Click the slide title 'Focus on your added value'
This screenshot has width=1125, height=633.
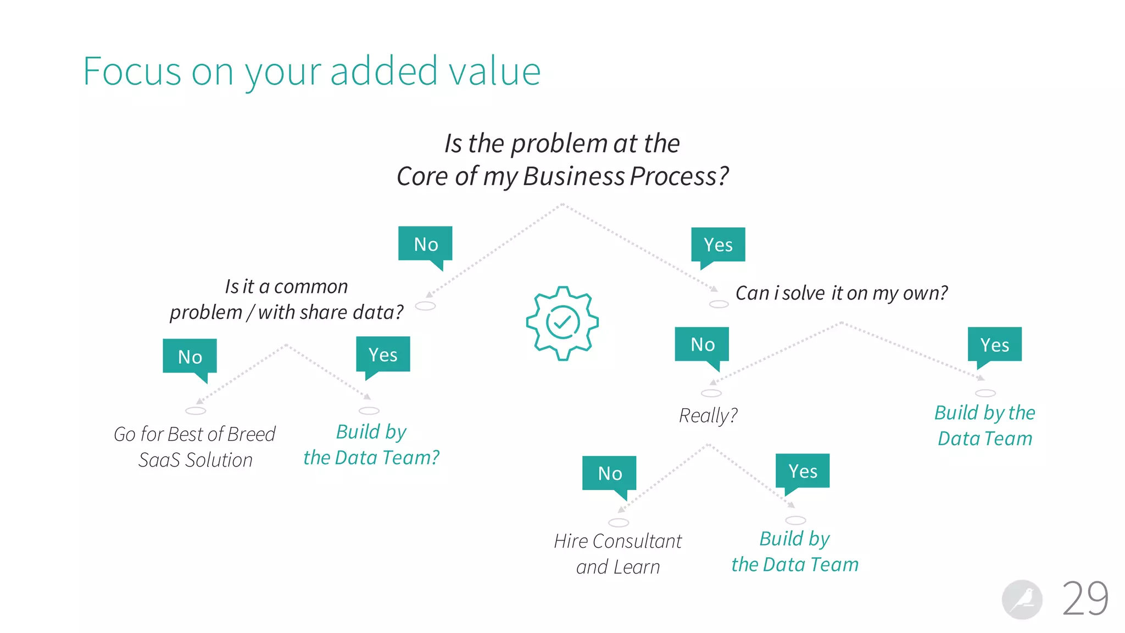click(x=311, y=71)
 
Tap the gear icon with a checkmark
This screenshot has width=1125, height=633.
click(x=562, y=323)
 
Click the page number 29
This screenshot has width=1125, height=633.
click(x=1085, y=598)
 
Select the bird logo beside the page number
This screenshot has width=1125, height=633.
click(x=1022, y=599)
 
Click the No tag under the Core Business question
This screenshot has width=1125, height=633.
click(x=425, y=244)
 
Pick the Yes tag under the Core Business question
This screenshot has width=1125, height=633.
click(x=718, y=245)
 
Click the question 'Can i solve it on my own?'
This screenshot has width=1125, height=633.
click(x=841, y=293)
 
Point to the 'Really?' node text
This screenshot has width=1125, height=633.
click(x=708, y=415)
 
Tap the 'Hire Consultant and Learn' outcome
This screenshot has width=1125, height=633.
click(x=618, y=554)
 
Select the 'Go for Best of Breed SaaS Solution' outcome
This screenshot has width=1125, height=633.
click(x=195, y=447)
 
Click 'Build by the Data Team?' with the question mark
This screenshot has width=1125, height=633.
click(x=371, y=445)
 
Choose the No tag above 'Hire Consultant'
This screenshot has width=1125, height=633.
click(x=609, y=473)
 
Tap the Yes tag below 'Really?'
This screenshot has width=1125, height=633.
click(x=803, y=471)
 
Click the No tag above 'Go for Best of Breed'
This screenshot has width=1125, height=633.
click(x=190, y=357)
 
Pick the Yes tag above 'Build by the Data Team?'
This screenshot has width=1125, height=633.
click(x=383, y=354)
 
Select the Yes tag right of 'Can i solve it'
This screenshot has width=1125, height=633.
click(x=994, y=345)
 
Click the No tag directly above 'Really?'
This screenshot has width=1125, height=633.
click(x=702, y=345)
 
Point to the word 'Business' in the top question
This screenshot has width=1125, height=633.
click(x=573, y=176)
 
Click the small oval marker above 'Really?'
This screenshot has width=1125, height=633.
click(x=711, y=393)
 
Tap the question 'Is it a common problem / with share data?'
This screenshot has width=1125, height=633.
click(x=286, y=299)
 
